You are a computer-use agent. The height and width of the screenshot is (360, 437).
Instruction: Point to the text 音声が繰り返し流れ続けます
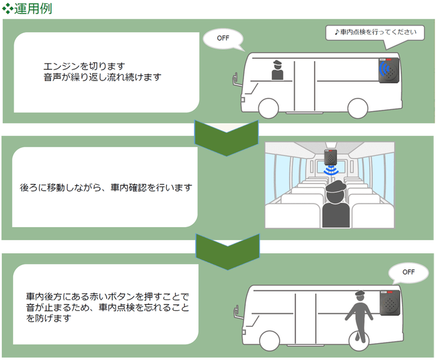click(103, 77)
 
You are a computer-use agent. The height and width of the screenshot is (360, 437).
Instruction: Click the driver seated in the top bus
click(277, 70)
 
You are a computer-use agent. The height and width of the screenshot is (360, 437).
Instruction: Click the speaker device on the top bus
click(388, 71)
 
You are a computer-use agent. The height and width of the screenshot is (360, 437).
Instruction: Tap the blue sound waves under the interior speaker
click(331, 169)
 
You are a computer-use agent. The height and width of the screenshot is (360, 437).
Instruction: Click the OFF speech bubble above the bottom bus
click(408, 272)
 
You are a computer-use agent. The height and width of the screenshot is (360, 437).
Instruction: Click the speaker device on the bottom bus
click(389, 303)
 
